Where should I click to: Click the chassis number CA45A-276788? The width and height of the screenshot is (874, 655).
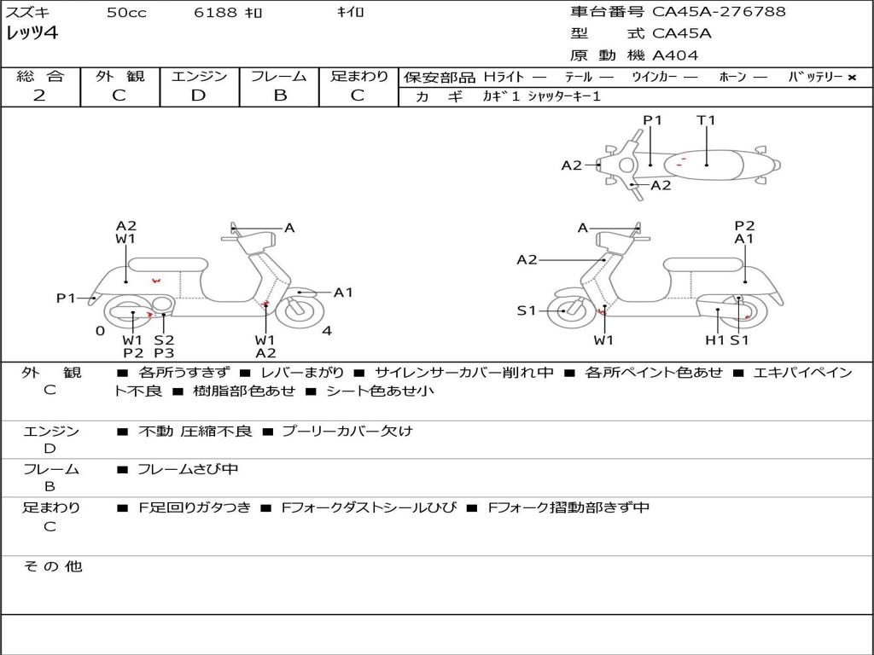click(x=719, y=12)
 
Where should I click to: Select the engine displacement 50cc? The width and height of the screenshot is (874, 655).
click(x=126, y=13)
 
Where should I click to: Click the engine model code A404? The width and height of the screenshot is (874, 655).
click(x=675, y=55)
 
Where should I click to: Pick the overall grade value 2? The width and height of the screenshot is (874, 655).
click(x=39, y=96)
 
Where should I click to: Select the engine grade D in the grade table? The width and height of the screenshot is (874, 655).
click(x=198, y=96)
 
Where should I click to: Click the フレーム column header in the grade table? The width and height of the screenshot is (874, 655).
click(x=278, y=77)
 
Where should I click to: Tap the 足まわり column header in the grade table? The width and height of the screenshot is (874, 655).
click(x=358, y=77)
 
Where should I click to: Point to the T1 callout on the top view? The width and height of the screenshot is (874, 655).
click(x=706, y=120)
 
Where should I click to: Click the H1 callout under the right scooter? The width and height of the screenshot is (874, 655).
click(x=714, y=340)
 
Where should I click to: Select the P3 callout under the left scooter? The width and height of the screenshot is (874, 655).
click(x=164, y=353)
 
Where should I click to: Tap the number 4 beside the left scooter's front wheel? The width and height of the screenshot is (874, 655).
click(x=327, y=331)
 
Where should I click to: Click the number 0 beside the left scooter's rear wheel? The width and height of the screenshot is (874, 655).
click(x=100, y=331)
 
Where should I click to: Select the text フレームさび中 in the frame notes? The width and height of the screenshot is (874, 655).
click(x=188, y=469)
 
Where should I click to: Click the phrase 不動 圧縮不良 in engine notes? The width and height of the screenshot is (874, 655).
click(x=195, y=432)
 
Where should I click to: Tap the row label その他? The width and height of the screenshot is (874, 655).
click(x=52, y=566)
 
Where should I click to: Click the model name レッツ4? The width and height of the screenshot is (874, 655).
click(x=32, y=34)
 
